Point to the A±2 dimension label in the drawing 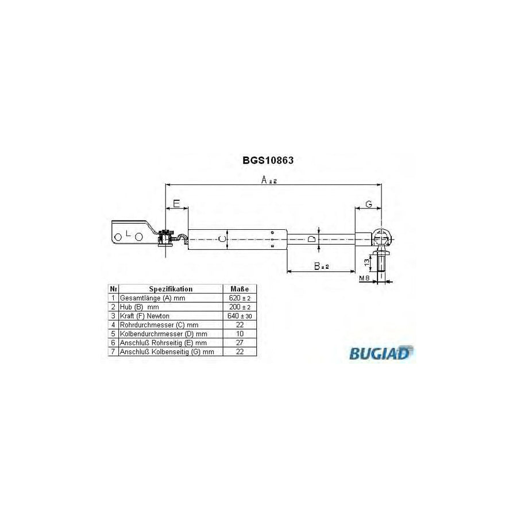click(x=269, y=180)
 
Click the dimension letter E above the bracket click(x=176, y=203)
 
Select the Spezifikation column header click(x=171, y=289)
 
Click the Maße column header click(x=239, y=289)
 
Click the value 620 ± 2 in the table click(x=240, y=299)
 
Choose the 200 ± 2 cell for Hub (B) click(x=240, y=307)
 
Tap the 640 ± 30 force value click(x=240, y=316)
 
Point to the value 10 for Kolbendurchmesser click(x=239, y=334)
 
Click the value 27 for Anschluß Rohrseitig click(x=239, y=342)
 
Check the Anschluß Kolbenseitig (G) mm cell click(x=166, y=351)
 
